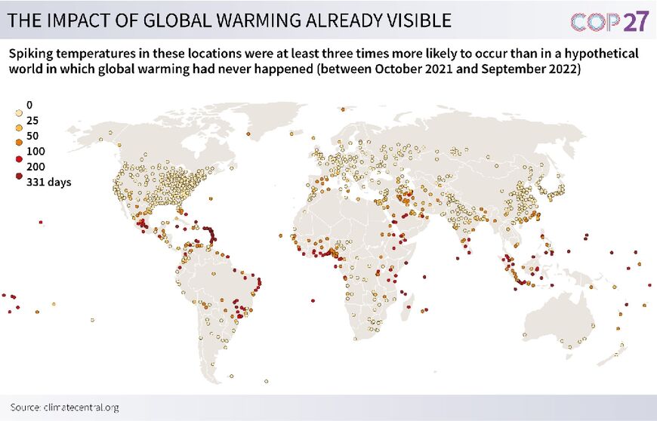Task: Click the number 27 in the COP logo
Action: pos(635,21)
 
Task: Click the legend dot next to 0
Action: pos(18,105)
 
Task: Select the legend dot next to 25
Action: pos(18,120)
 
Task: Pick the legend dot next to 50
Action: pos(18,136)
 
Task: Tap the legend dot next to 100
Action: pos(18,151)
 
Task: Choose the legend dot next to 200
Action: pos(18,167)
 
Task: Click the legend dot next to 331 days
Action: pos(18,182)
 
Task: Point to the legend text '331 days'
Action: pos(48,182)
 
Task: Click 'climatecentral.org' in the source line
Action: pos(83,407)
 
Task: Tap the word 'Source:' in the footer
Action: pos(26,407)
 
